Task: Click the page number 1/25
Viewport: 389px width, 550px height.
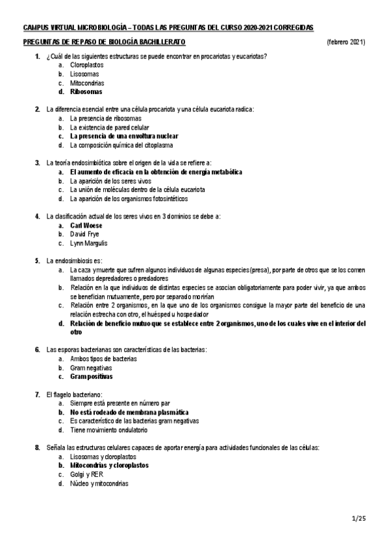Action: (x=359, y=518)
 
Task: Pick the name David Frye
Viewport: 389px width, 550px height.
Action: (x=86, y=234)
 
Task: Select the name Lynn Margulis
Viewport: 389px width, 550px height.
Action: (x=89, y=243)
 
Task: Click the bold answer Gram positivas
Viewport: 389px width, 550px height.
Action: (x=91, y=376)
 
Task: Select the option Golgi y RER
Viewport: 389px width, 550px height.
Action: (x=87, y=474)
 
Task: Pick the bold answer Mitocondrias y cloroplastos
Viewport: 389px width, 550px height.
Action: (x=109, y=465)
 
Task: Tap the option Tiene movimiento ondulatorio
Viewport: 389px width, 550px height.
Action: (x=109, y=429)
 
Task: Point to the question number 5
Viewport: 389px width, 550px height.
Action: (x=37, y=260)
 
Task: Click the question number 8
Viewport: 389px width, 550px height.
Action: (x=37, y=448)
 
